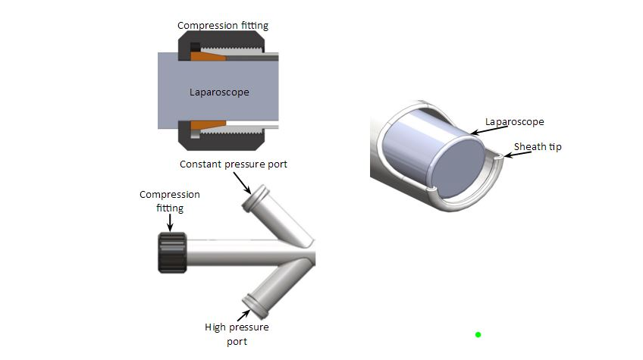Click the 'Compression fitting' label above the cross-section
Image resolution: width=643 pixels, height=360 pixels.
pyautogui.click(x=223, y=26)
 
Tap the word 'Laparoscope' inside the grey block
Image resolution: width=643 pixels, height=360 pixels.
pyautogui.click(x=219, y=92)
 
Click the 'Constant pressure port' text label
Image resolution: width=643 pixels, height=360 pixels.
pyautogui.click(x=234, y=164)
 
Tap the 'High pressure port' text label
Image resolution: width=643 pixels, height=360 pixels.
pyautogui.click(x=237, y=334)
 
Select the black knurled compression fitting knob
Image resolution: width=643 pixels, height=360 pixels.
pyautogui.click(x=172, y=253)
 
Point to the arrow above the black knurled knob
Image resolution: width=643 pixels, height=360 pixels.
pyautogui.click(x=170, y=221)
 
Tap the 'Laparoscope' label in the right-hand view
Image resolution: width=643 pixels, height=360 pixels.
pyautogui.click(x=515, y=121)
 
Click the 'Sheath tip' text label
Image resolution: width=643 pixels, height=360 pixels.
pyautogui.click(x=538, y=146)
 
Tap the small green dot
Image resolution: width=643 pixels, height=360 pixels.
pyautogui.click(x=478, y=334)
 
